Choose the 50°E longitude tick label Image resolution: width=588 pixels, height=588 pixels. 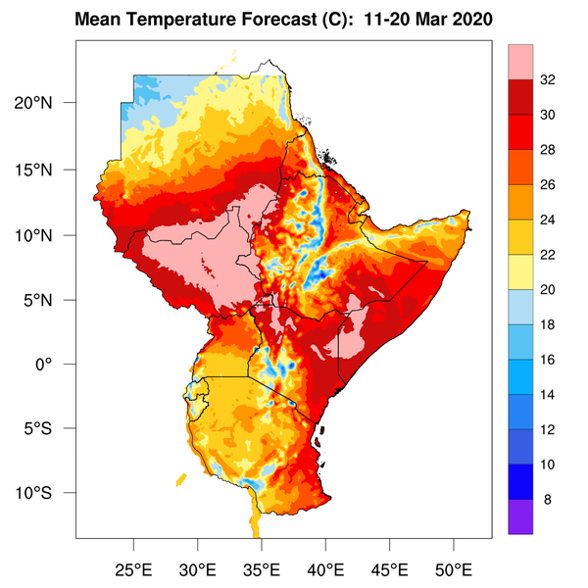click(454, 568)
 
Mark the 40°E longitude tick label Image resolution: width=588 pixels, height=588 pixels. click(325, 568)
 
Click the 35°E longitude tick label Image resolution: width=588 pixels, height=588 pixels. click(262, 568)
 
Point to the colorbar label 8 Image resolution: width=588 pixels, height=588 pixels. click(547, 499)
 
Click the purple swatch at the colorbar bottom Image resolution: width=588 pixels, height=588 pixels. click(520, 516)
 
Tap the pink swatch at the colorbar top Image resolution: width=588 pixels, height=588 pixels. click(520, 63)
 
